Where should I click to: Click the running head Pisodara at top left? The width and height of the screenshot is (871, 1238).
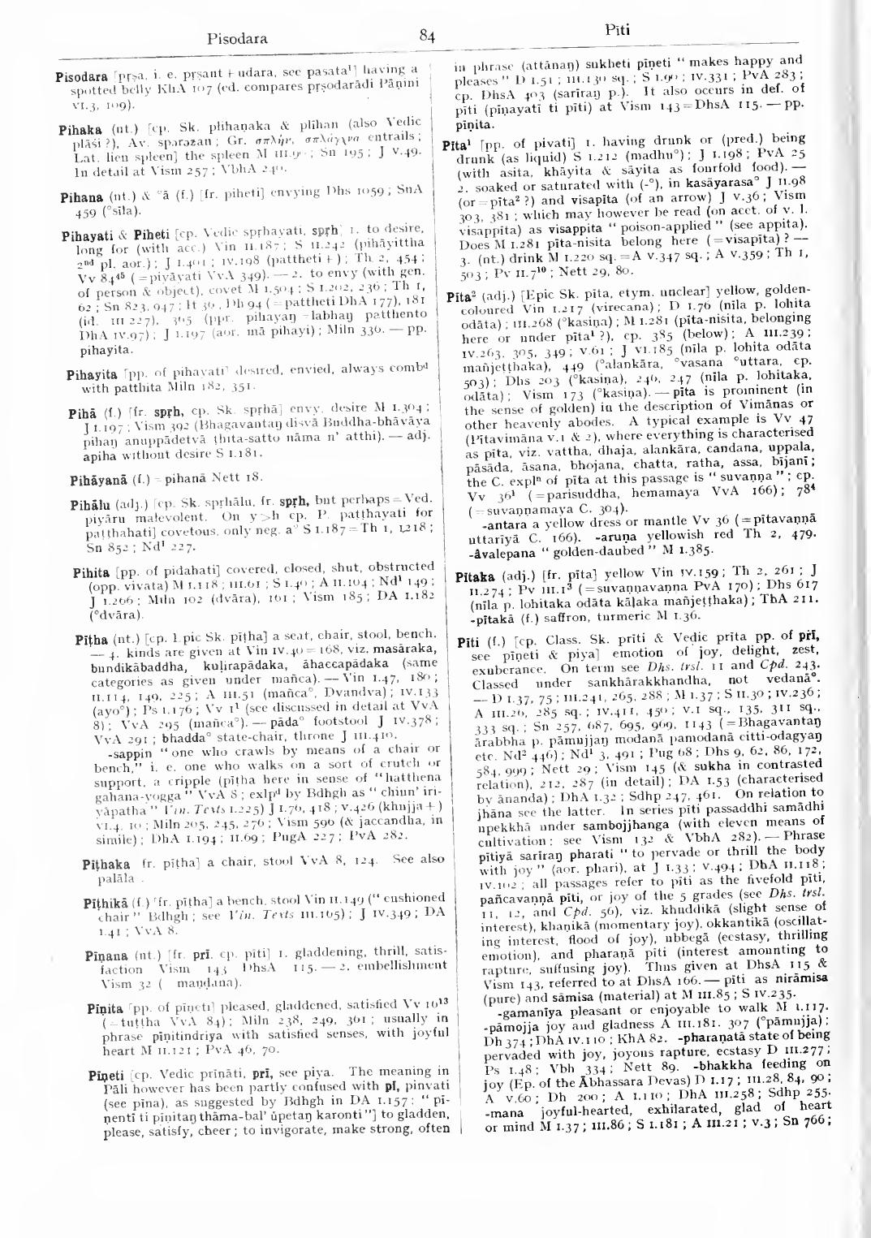238,37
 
